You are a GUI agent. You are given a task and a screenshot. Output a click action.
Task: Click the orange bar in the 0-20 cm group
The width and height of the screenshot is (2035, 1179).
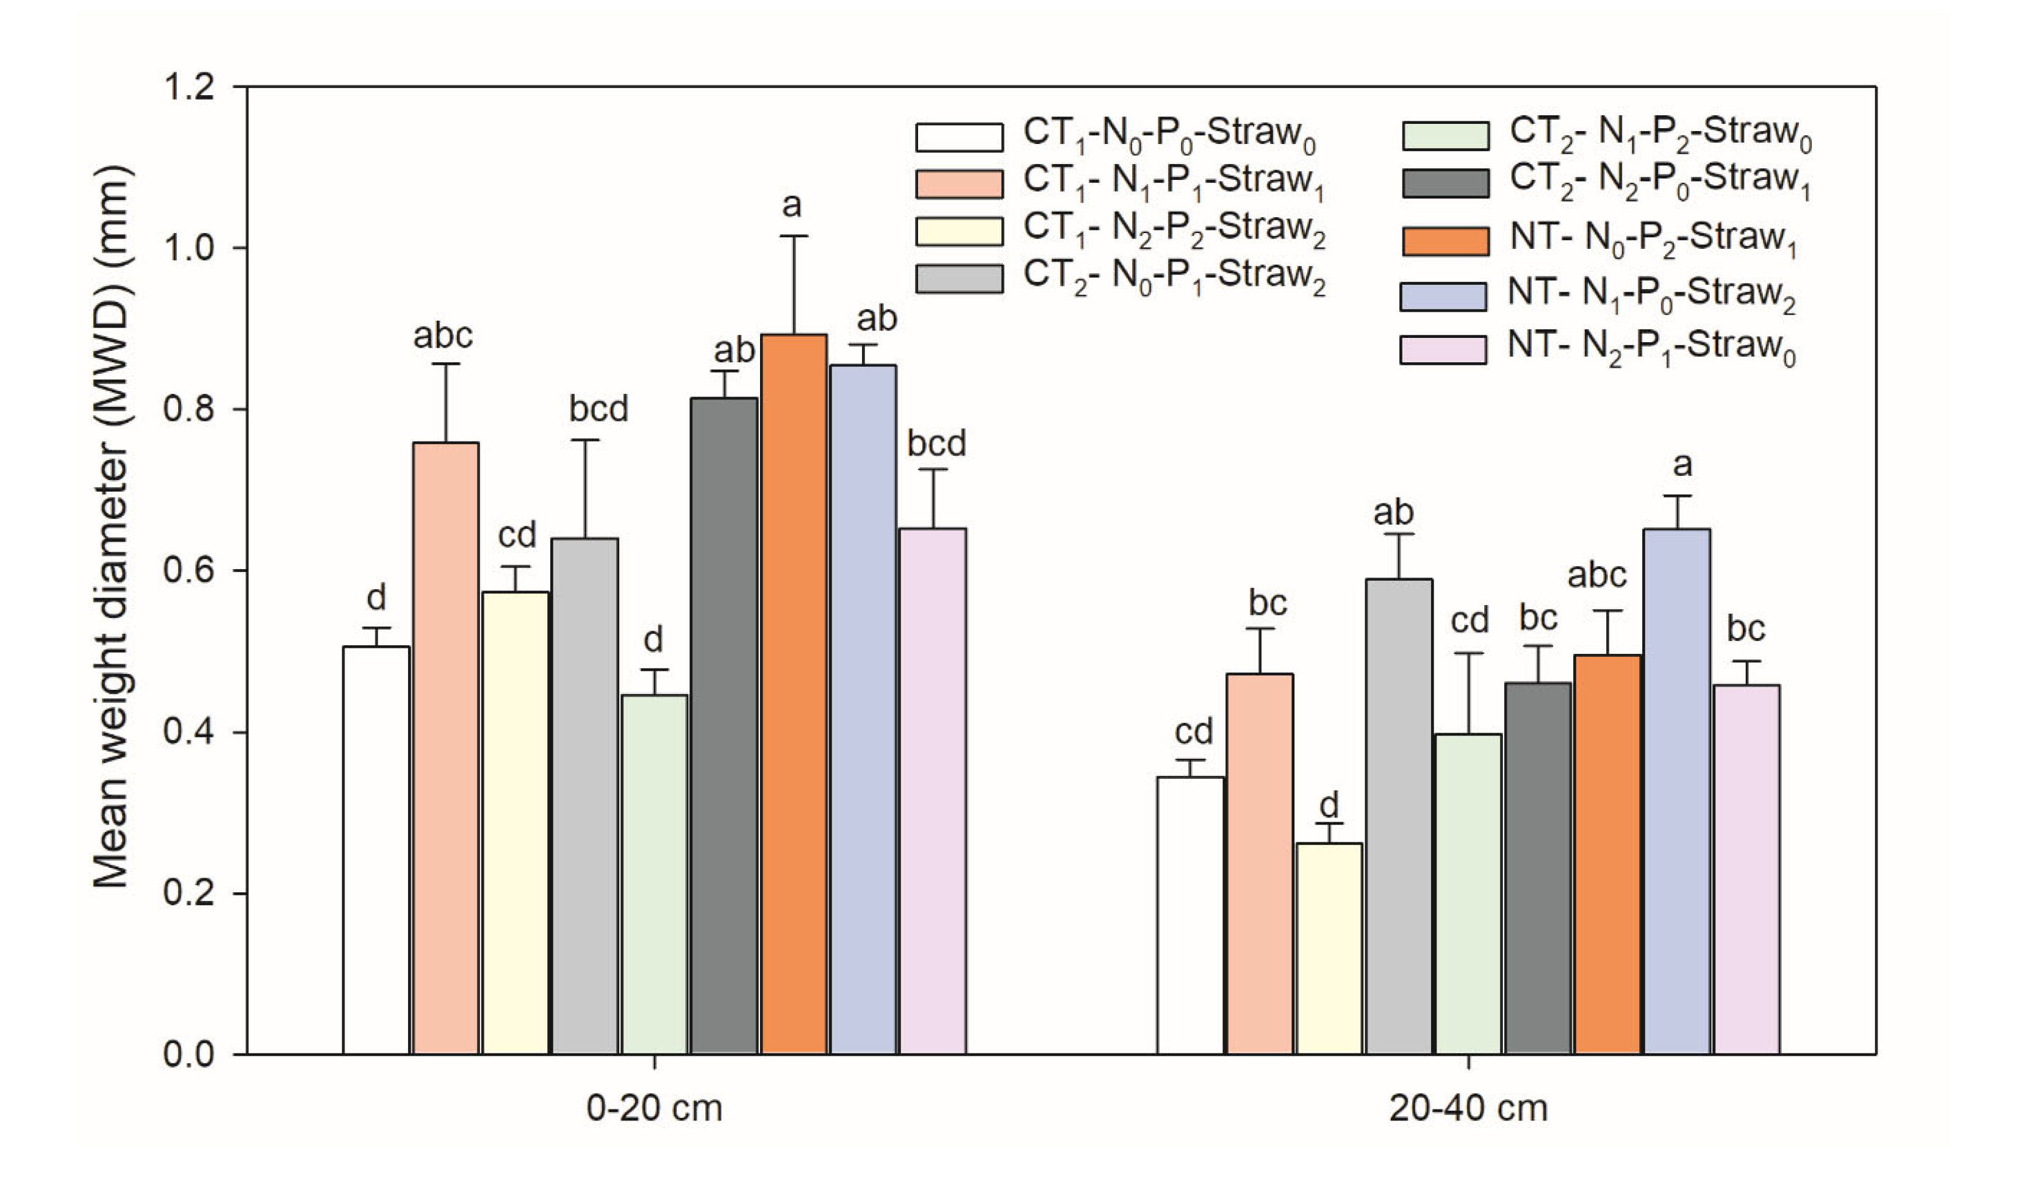click(x=794, y=695)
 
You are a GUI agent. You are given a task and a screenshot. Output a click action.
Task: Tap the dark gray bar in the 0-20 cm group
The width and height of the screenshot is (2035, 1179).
click(x=724, y=727)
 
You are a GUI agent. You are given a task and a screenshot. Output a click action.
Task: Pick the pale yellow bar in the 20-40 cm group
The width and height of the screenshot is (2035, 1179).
click(x=1329, y=949)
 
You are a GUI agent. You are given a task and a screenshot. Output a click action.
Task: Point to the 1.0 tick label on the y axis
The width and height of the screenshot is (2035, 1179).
click(x=188, y=248)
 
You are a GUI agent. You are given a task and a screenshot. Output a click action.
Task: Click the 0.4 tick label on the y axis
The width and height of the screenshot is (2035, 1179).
click(x=188, y=733)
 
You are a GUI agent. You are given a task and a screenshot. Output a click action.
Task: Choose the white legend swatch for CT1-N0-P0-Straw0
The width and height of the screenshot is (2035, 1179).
click(x=960, y=137)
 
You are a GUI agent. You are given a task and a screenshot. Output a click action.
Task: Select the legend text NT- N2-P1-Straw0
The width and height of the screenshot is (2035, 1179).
click(x=1651, y=347)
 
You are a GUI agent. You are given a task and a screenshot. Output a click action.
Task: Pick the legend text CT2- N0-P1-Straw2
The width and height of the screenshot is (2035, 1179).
click(x=1174, y=277)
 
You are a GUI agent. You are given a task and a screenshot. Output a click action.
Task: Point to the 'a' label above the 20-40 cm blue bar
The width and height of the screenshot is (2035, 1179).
click(x=1682, y=464)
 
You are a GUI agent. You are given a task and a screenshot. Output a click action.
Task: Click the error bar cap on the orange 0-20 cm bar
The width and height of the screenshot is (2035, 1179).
click(x=794, y=236)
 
